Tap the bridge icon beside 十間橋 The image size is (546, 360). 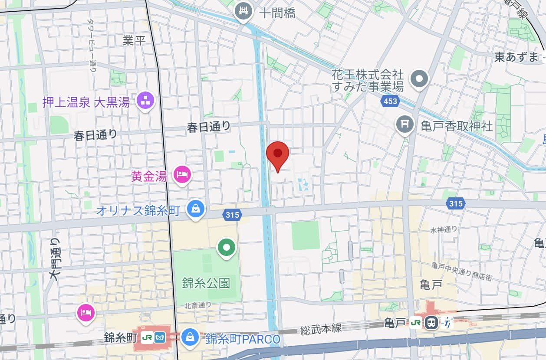[x=244, y=12]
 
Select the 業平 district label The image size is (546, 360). [x=134, y=40]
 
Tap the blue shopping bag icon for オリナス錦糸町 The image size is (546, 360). [x=196, y=209]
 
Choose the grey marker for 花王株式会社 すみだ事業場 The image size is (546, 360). [x=419, y=79]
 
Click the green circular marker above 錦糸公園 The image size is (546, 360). [x=226, y=248]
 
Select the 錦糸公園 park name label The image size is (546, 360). [x=206, y=284]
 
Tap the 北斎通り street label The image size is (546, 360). [x=197, y=305]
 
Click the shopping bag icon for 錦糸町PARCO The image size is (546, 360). [x=190, y=337]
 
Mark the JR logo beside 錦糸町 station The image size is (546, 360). [x=146, y=337]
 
